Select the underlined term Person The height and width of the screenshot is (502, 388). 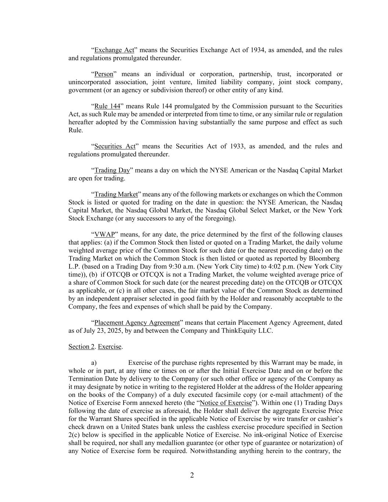(104, 74)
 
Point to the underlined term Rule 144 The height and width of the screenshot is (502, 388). (107, 106)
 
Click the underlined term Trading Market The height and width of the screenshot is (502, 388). (116, 194)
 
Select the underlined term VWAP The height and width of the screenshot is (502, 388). (104, 235)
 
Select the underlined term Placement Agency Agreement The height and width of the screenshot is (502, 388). (137, 323)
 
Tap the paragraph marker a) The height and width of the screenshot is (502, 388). (94, 363)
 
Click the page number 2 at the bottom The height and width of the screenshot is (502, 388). (192, 476)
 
